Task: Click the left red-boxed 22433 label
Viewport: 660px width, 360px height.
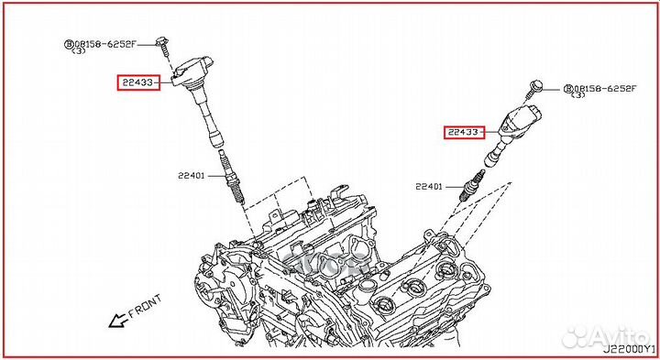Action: [x=137, y=83]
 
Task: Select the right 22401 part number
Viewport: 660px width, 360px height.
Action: [x=429, y=187]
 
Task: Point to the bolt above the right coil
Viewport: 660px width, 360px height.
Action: [x=536, y=89]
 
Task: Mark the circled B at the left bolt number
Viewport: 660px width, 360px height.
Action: [x=68, y=43]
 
